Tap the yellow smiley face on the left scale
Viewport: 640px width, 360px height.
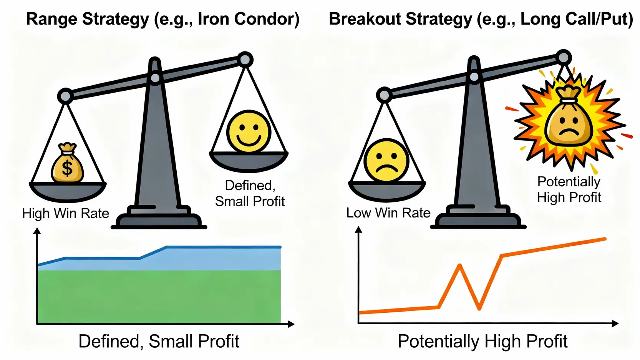(249, 132)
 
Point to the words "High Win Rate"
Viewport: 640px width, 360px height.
(66, 213)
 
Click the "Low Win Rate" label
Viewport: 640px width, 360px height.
(388, 213)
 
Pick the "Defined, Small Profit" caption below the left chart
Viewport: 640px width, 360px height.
(159, 341)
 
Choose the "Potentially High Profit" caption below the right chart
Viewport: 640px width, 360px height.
(482, 341)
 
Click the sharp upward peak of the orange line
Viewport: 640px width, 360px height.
(459, 265)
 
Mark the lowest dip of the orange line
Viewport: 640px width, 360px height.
(479, 309)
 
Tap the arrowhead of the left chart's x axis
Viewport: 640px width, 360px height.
(291, 324)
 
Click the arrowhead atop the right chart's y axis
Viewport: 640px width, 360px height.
(358, 230)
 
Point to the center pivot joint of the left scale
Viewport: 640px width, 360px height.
(155, 78)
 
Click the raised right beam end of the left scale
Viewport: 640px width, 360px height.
(245, 60)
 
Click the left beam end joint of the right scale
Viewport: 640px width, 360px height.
(384, 95)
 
